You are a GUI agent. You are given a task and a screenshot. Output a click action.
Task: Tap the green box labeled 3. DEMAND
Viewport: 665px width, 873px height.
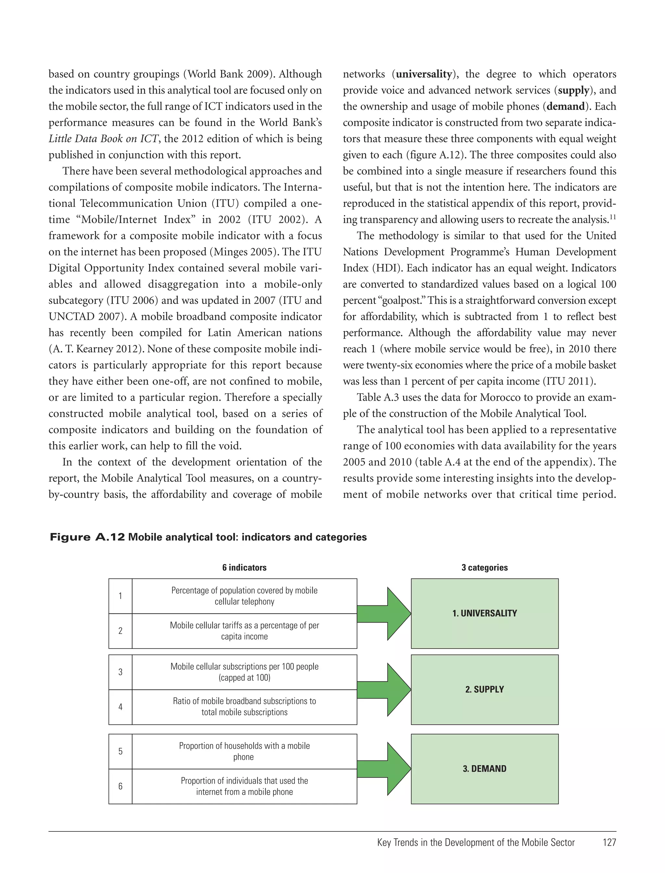click(484, 768)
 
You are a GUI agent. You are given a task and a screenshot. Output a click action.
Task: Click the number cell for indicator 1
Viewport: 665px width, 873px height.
click(120, 596)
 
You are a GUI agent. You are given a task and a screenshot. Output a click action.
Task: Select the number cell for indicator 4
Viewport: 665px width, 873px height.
click(120, 707)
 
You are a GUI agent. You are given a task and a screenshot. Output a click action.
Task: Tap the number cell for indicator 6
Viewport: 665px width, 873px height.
click(120, 786)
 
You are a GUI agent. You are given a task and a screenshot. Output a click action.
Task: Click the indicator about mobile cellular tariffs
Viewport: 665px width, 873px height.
click(244, 631)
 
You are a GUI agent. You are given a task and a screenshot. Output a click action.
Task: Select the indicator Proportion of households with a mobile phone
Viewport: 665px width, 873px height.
click(244, 751)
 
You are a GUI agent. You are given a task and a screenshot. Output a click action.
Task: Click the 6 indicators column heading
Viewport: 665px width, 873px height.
click(244, 567)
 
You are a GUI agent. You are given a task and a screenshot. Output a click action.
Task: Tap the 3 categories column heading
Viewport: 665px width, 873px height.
click(484, 567)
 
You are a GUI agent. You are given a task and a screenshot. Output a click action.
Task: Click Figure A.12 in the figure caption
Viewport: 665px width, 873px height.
click(87, 537)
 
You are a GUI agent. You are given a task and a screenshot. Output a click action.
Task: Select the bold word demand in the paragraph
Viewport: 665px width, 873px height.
click(565, 107)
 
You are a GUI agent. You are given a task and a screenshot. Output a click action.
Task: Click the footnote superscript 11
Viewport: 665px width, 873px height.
click(612, 216)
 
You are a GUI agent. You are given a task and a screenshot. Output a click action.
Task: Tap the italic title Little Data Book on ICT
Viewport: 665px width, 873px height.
click(104, 139)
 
